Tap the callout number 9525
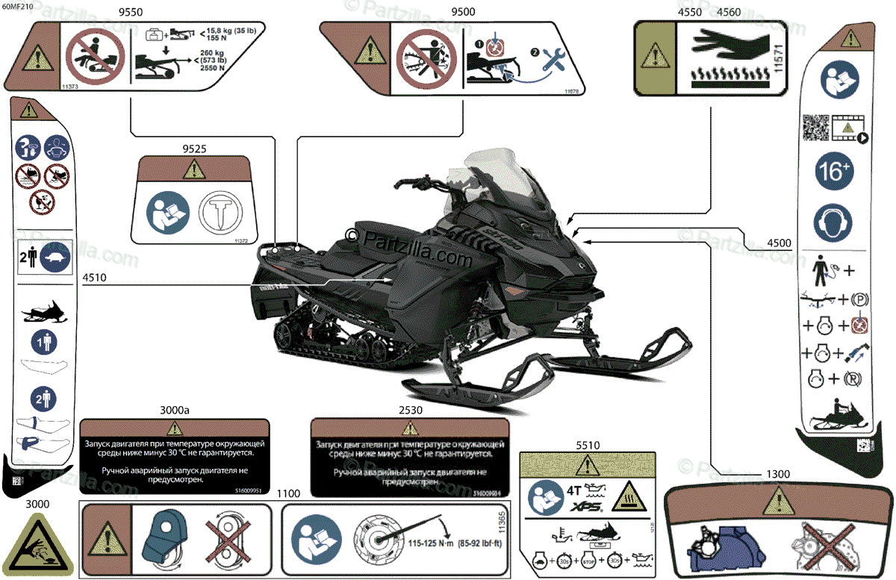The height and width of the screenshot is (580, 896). tap(193, 149)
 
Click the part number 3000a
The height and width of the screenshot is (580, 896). tap(174, 411)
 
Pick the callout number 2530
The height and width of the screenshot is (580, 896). tap(410, 411)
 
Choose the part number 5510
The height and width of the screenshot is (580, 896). tap(588, 445)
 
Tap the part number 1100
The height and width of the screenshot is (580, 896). tap(288, 494)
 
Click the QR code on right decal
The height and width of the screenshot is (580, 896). tap(816, 128)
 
